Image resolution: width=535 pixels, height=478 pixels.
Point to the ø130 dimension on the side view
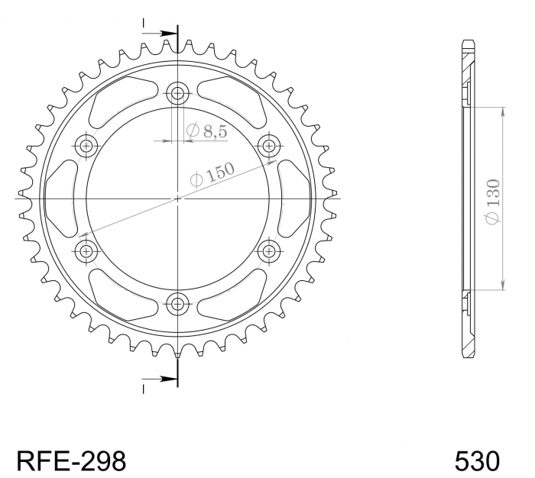pos(492,200)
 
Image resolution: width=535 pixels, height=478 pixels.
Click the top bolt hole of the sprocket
pos(178,94)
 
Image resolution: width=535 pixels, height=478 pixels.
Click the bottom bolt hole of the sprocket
pos(178,303)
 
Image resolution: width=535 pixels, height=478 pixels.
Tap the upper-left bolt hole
pos(86,146)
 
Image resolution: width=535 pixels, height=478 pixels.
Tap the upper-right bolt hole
pos(269,146)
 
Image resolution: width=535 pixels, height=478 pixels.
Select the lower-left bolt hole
pos(86,250)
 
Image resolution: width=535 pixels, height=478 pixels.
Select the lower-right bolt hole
pos(269,250)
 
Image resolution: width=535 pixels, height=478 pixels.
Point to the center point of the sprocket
pos(178,199)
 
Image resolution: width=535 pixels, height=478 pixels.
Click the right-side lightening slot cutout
pos(293,199)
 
